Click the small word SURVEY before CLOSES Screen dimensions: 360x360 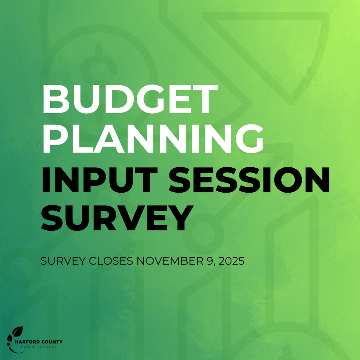point(63,262)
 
